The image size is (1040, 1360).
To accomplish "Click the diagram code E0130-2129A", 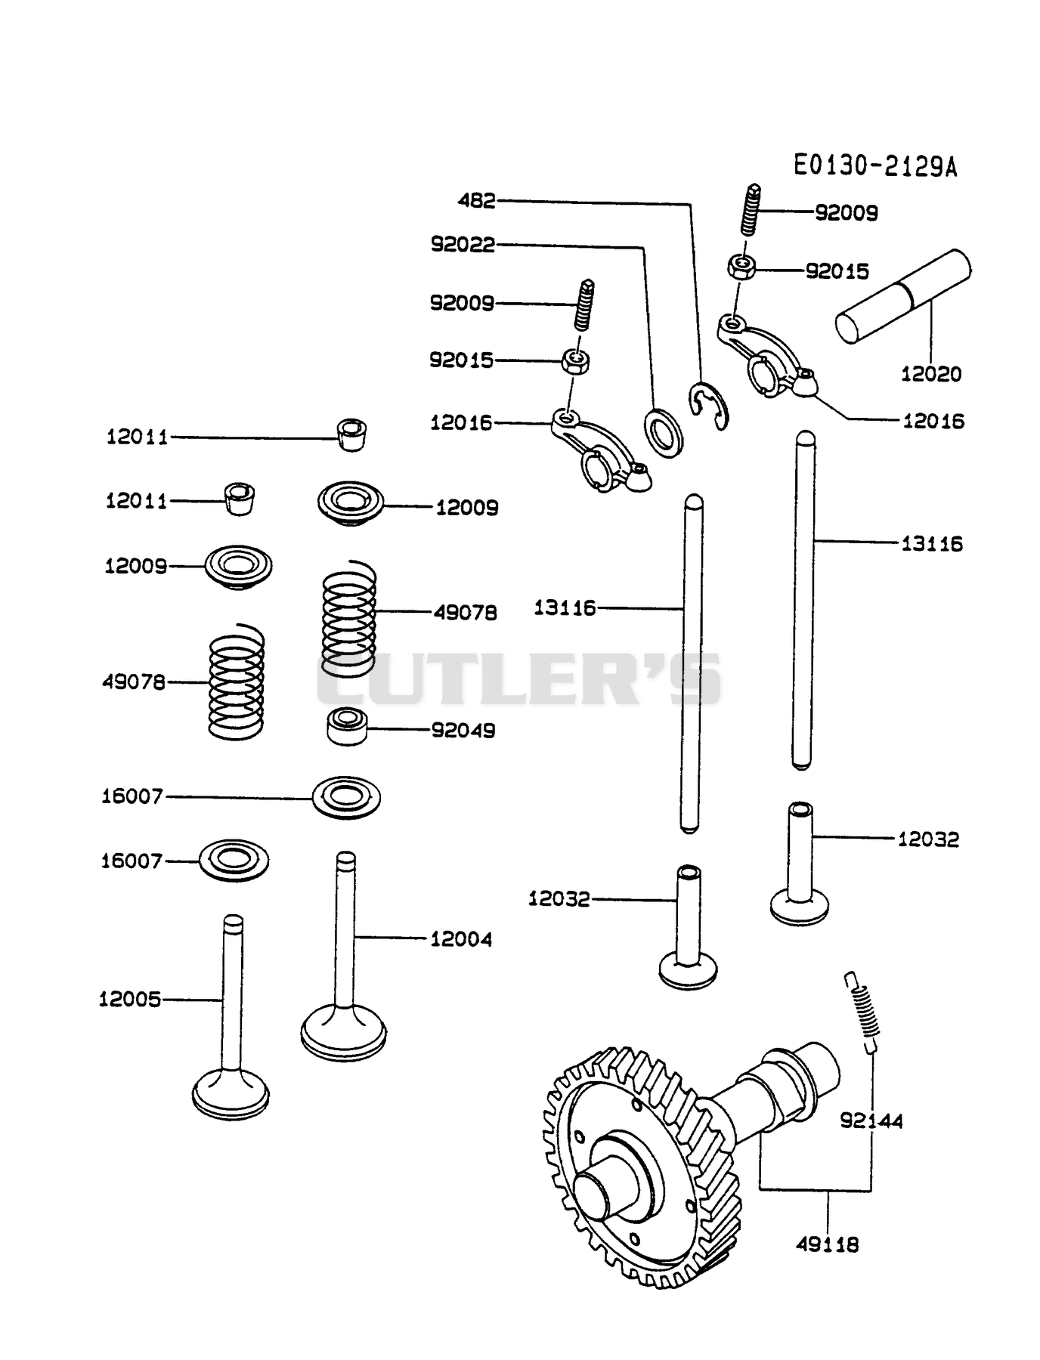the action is tap(875, 165).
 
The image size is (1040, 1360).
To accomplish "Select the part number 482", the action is tap(477, 200).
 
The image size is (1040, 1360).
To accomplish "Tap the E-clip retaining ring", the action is tap(709, 407).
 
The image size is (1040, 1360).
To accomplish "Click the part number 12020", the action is tap(931, 373).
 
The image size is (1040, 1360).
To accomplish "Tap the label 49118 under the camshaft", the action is tap(828, 1244).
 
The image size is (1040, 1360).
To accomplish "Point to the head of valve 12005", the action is tap(231, 1093).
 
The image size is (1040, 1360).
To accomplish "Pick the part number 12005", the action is tap(130, 999).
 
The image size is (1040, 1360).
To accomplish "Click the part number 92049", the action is tap(463, 730).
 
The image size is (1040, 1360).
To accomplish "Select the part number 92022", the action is tap(463, 244).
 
